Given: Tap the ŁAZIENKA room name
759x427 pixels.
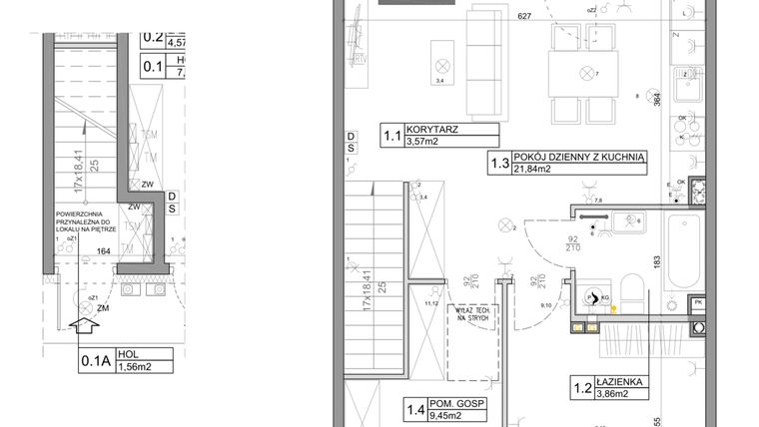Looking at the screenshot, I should tap(616, 380).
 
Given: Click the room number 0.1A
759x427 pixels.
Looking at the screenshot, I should tap(95, 358).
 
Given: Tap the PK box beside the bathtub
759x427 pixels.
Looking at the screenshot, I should tap(698, 302).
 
